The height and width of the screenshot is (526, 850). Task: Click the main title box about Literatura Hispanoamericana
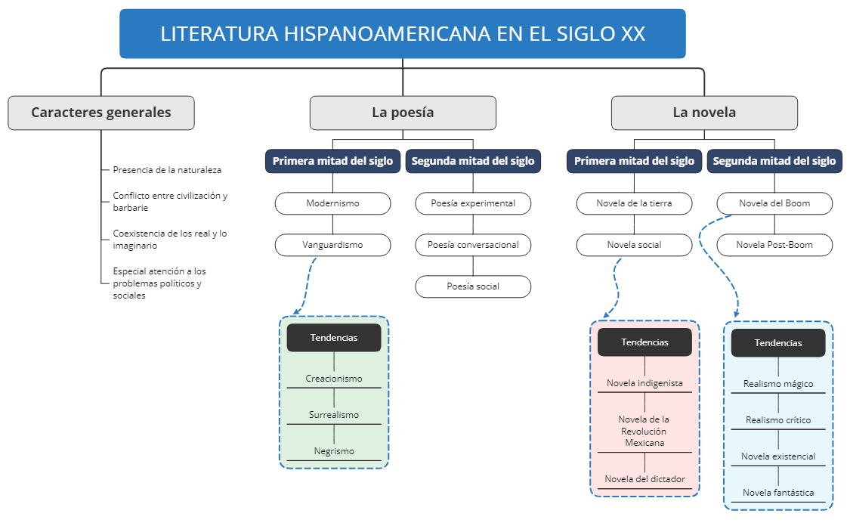pyautogui.click(x=402, y=34)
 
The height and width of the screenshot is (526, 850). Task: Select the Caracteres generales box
pyautogui.click(x=101, y=113)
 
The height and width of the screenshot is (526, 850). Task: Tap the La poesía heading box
pyautogui.click(x=403, y=113)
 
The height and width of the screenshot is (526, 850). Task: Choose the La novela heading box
pyautogui.click(x=704, y=113)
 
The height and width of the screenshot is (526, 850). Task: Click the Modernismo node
pyautogui.click(x=332, y=203)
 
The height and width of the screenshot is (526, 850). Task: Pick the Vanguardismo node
pyautogui.click(x=332, y=245)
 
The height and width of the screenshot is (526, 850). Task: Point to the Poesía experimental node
pyautogui.click(x=473, y=203)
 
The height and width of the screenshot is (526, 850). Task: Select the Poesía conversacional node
pyautogui.click(x=473, y=245)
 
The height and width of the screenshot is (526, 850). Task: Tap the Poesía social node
pyautogui.click(x=473, y=286)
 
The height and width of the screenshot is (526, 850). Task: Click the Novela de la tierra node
pyautogui.click(x=634, y=203)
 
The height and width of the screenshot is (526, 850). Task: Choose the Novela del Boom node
pyautogui.click(x=774, y=203)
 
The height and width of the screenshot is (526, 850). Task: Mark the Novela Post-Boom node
pyautogui.click(x=774, y=245)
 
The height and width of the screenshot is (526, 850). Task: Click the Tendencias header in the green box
pyautogui.click(x=334, y=338)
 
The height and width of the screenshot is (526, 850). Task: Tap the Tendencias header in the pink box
pyautogui.click(x=644, y=342)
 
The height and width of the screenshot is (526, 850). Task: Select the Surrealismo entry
pyautogui.click(x=334, y=415)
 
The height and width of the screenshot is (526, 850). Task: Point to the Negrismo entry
pyautogui.click(x=334, y=451)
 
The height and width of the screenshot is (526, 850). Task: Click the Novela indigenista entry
pyautogui.click(x=644, y=383)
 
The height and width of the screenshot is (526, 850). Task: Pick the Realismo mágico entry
pyautogui.click(x=778, y=384)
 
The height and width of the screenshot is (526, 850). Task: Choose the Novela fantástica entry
pyautogui.click(x=778, y=493)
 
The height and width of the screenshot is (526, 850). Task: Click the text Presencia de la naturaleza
pyautogui.click(x=167, y=170)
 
